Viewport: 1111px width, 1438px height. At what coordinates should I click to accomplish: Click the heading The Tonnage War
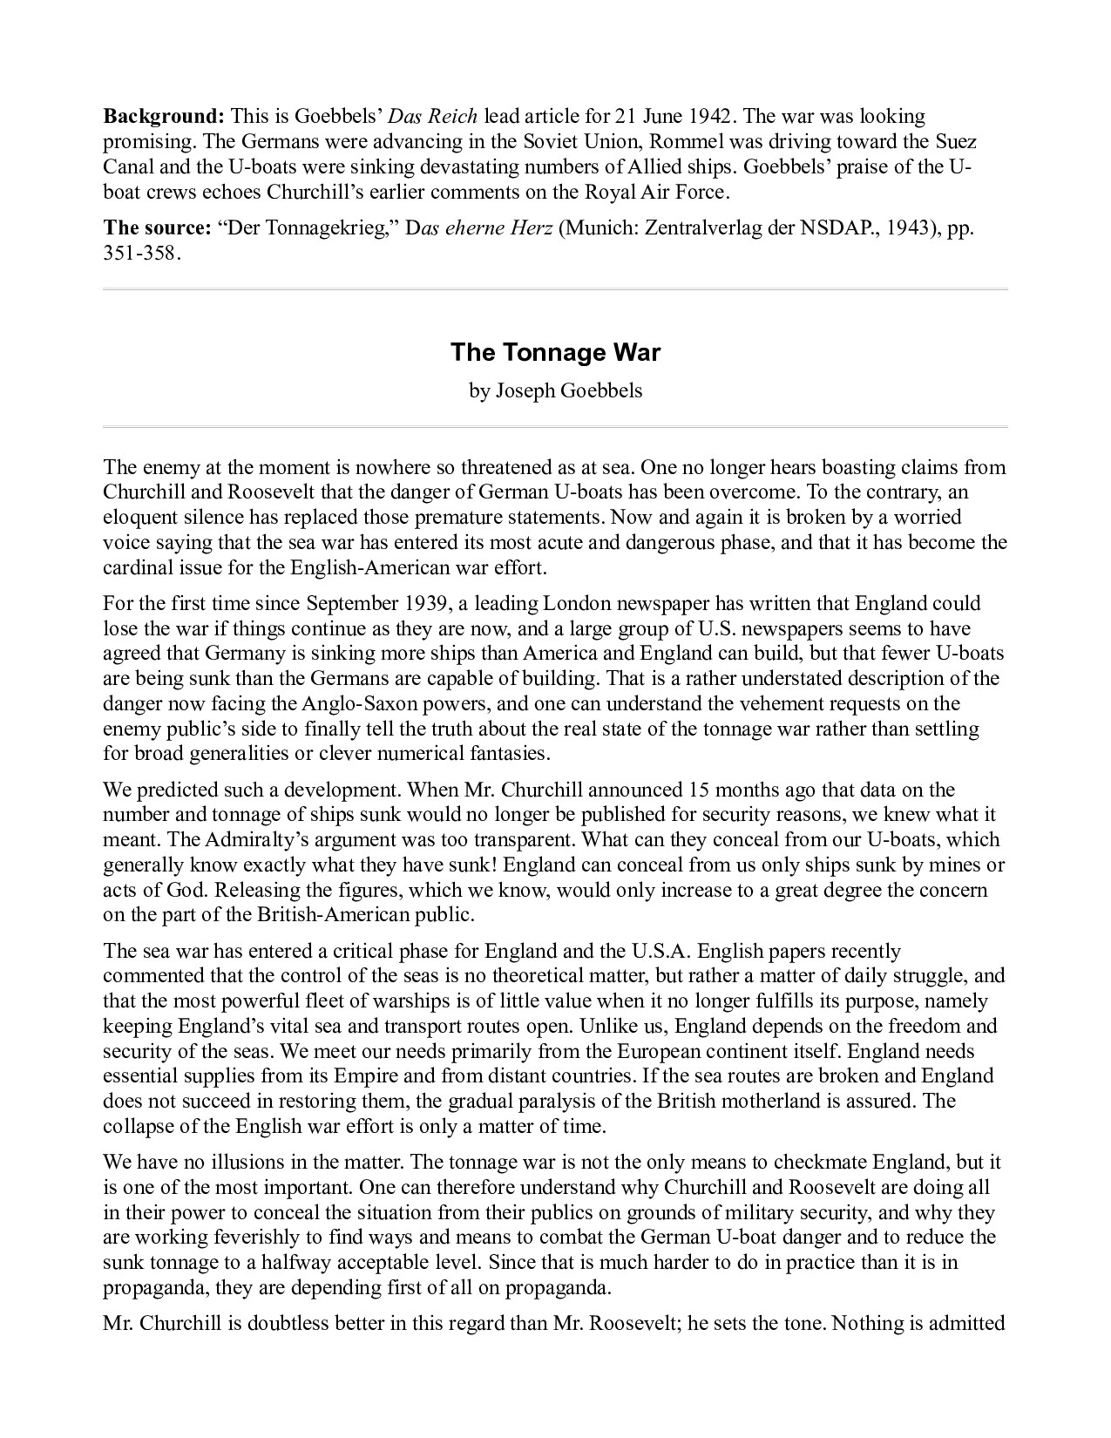coord(555,353)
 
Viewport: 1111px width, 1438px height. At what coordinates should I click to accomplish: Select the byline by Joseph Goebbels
coord(555,390)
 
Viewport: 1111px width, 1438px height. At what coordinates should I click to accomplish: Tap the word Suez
coord(957,141)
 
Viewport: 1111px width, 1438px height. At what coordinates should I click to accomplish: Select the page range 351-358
coord(142,254)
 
